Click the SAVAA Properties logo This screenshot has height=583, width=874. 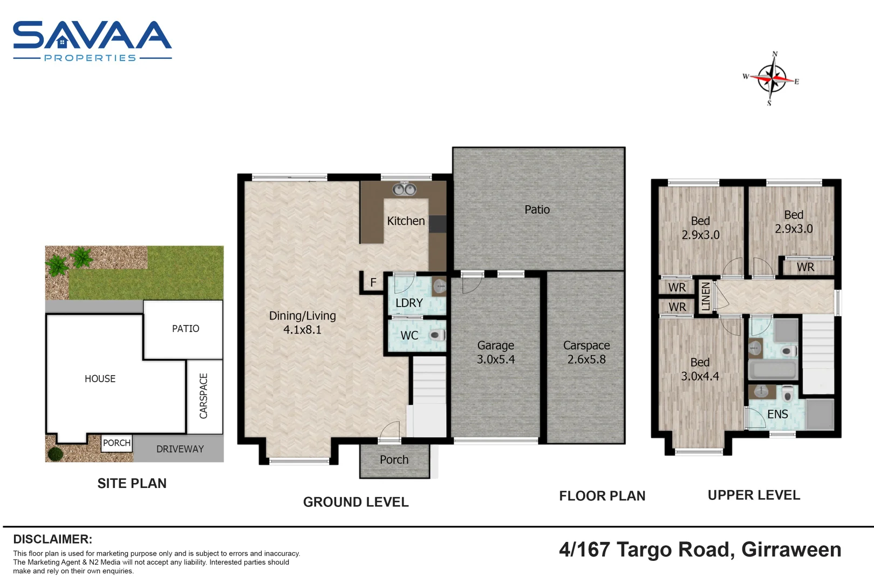(x=92, y=41)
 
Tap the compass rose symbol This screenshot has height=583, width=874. (x=772, y=78)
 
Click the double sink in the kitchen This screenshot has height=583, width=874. (x=404, y=189)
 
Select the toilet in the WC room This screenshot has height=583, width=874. (x=438, y=335)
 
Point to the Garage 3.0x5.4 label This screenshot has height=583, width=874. (x=495, y=352)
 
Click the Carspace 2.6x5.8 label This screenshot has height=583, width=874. (x=586, y=352)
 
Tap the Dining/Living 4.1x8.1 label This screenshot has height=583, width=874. (x=302, y=323)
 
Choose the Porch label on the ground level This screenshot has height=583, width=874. (x=394, y=459)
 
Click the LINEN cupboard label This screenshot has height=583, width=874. (x=706, y=296)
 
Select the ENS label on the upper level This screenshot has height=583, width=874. (x=777, y=415)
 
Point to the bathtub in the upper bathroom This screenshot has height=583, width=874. (x=773, y=369)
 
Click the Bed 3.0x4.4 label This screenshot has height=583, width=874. (x=700, y=369)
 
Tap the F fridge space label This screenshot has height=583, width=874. (x=373, y=282)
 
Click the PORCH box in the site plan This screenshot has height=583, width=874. (x=117, y=443)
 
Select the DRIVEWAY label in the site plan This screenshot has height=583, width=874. (x=180, y=449)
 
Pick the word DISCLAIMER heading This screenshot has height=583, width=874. (x=53, y=539)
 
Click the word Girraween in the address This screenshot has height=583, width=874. (x=791, y=550)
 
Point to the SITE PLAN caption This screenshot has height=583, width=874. (x=132, y=484)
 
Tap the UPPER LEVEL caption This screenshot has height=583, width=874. (x=754, y=495)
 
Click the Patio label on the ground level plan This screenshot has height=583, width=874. (x=537, y=209)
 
